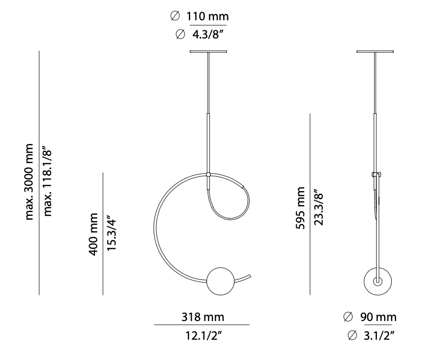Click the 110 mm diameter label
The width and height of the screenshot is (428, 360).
(x=208, y=17)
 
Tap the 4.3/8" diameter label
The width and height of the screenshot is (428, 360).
(x=208, y=35)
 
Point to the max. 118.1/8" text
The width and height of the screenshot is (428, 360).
(x=49, y=182)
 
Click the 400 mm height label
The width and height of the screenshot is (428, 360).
(x=94, y=234)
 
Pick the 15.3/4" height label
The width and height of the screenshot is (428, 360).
(x=112, y=234)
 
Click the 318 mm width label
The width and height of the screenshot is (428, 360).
(x=201, y=317)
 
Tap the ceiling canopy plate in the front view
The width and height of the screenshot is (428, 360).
(x=208, y=52)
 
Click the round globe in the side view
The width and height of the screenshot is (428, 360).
(x=377, y=280)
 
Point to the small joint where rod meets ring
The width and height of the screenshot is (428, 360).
(x=208, y=175)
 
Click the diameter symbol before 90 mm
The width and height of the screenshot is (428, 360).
(x=348, y=317)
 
